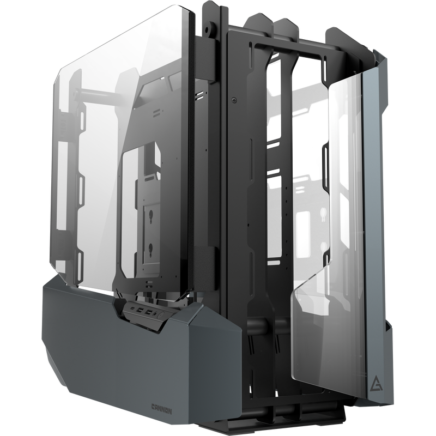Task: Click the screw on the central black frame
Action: coord(234,100)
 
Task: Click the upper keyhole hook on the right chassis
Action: coord(323,214)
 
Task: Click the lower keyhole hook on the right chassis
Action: coord(323,248)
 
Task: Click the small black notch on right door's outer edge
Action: coord(388,326)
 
